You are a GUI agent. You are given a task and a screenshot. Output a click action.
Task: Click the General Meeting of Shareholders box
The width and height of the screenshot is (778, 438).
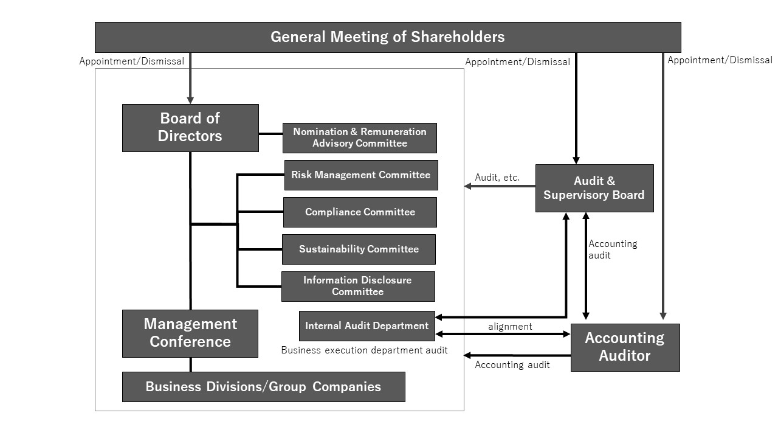tap(388, 37)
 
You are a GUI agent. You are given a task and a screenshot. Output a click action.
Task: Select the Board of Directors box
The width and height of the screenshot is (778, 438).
tap(190, 128)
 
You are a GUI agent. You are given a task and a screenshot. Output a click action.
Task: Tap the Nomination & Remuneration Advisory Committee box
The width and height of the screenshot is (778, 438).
tap(359, 138)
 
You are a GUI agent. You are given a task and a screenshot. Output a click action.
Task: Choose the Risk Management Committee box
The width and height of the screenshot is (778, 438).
tap(361, 175)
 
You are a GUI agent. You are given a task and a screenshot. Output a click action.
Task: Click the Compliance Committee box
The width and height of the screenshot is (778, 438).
tap(360, 212)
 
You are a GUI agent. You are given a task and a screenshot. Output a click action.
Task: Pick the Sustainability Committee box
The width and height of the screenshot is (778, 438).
tap(359, 249)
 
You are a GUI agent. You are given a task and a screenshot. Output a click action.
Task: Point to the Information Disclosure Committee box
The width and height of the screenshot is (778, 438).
tap(358, 287)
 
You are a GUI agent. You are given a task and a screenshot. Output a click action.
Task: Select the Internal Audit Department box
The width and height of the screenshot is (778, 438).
tap(367, 325)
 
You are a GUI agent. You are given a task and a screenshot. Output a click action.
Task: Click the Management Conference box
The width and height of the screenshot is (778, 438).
tap(190, 334)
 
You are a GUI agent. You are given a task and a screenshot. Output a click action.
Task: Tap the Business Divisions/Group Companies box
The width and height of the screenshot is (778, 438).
tap(264, 387)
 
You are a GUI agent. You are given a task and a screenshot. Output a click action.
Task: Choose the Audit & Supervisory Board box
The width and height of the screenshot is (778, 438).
tap(594, 189)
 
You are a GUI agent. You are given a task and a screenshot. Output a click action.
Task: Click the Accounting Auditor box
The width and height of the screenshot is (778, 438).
tap(625, 347)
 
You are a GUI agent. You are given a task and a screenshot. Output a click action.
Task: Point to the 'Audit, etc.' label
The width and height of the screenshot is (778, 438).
tap(497, 178)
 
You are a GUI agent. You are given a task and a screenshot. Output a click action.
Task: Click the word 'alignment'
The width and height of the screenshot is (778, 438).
tap(510, 327)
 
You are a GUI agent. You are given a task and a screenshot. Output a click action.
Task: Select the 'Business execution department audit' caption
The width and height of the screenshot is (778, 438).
tap(364, 350)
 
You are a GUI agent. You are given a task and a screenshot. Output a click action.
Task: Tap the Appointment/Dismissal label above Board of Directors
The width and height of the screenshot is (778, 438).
tap(132, 61)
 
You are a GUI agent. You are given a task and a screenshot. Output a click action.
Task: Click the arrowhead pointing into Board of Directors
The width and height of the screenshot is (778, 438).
tap(190, 100)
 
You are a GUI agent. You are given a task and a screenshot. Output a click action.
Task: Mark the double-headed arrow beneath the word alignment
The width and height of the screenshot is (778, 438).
tap(503, 334)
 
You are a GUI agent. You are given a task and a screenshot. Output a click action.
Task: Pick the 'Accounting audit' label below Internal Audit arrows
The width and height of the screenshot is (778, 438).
tap(512, 364)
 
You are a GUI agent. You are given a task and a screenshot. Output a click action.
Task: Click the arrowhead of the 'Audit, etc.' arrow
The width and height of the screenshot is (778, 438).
tap(467, 186)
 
